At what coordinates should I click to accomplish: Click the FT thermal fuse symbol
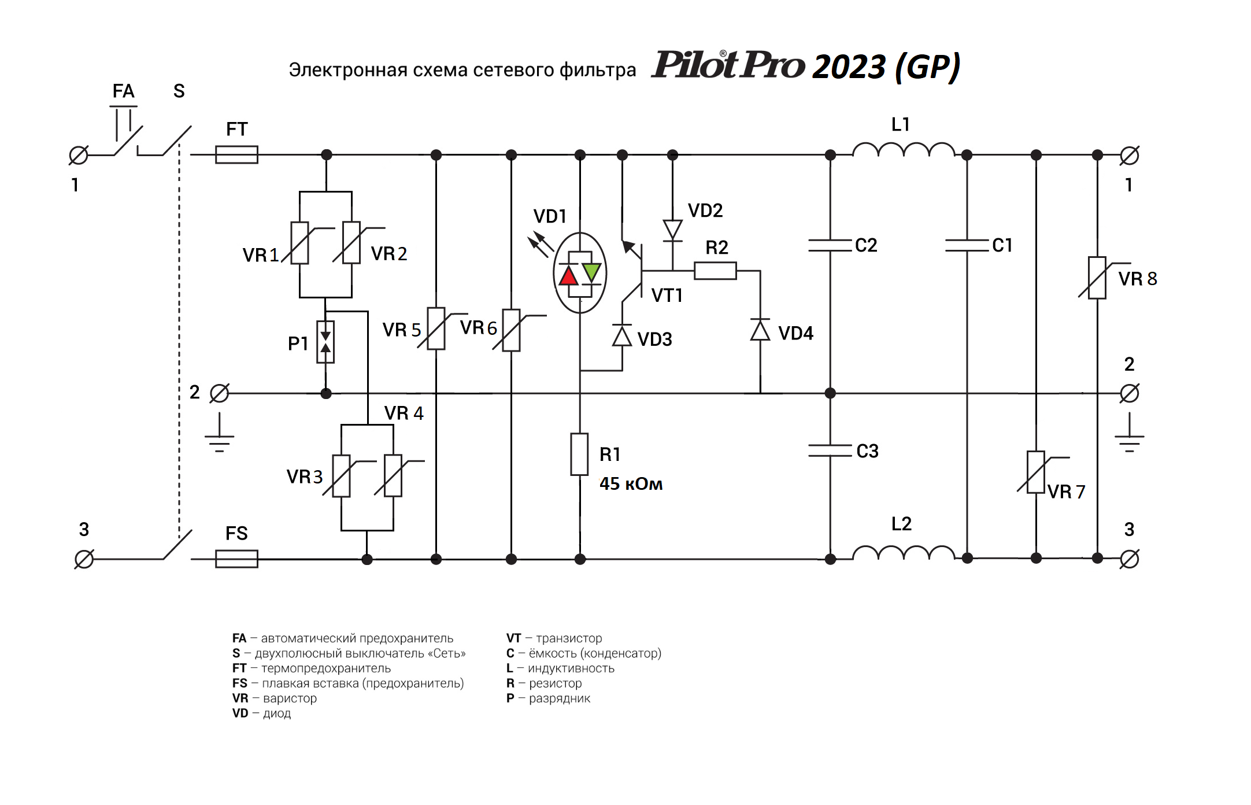point(236,155)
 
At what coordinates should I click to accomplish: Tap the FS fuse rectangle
point(236,559)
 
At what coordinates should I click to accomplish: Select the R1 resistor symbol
point(579,455)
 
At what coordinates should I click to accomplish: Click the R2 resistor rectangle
point(715,271)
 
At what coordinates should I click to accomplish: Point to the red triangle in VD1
point(569,276)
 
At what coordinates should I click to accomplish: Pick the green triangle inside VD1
point(591,271)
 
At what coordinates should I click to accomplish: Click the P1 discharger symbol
point(325,342)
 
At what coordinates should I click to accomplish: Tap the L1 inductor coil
point(904,150)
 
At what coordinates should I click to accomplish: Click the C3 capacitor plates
point(830,450)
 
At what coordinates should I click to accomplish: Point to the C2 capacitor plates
point(830,245)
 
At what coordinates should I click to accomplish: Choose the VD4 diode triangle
point(760,330)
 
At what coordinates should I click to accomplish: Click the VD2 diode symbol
point(672,230)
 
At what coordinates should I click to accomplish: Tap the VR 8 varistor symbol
point(1097,278)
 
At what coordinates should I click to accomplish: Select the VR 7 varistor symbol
point(1035,472)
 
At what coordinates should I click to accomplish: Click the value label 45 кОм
point(631,483)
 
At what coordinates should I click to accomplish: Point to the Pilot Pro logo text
point(728,65)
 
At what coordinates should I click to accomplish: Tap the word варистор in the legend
point(290,698)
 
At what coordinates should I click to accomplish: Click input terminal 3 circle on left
point(84,559)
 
